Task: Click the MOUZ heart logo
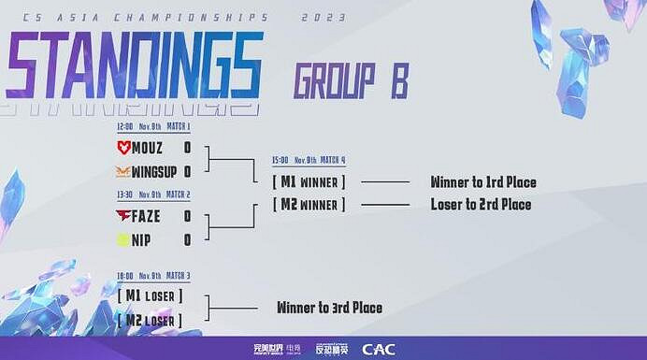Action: (123, 148)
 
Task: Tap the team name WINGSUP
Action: (154, 172)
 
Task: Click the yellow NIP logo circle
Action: (122, 240)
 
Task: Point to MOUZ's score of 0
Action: (187, 148)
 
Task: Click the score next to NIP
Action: (187, 240)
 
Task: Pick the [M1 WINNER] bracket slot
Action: (309, 181)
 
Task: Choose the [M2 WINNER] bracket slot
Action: (309, 204)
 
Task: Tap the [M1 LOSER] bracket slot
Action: (150, 295)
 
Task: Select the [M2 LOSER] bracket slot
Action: (150, 320)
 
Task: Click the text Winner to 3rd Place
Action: (329, 308)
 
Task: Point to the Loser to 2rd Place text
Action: (481, 205)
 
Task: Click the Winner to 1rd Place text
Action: (482, 181)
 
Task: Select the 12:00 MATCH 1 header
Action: (153, 126)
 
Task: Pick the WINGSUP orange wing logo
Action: (123, 172)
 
